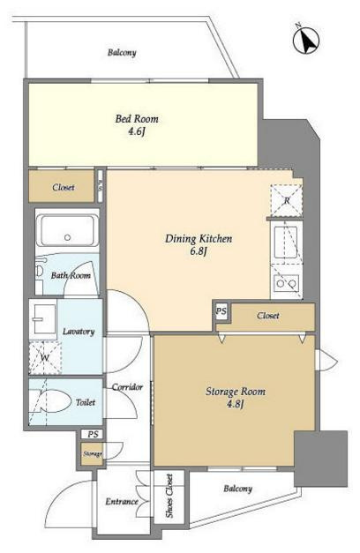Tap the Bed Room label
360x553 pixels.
[137, 119]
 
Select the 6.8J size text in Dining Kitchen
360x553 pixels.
[198, 251]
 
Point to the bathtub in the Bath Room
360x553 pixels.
[69, 231]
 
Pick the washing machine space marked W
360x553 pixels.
[45, 357]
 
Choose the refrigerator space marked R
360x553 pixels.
[287, 200]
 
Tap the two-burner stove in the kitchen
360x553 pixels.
[286, 283]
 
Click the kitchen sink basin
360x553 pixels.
[286, 242]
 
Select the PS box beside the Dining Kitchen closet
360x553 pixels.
[221, 311]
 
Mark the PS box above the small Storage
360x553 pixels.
[93, 434]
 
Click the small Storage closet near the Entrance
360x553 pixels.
[92, 454]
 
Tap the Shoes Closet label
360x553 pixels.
[169, 496]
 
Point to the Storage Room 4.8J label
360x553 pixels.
[236, 397]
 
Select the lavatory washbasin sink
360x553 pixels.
[42, 318]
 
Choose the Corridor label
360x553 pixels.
[127, 387]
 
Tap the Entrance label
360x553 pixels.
[122, 501]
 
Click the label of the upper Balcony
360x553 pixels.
[122, 53]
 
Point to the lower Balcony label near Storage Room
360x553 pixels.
[238, 489]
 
